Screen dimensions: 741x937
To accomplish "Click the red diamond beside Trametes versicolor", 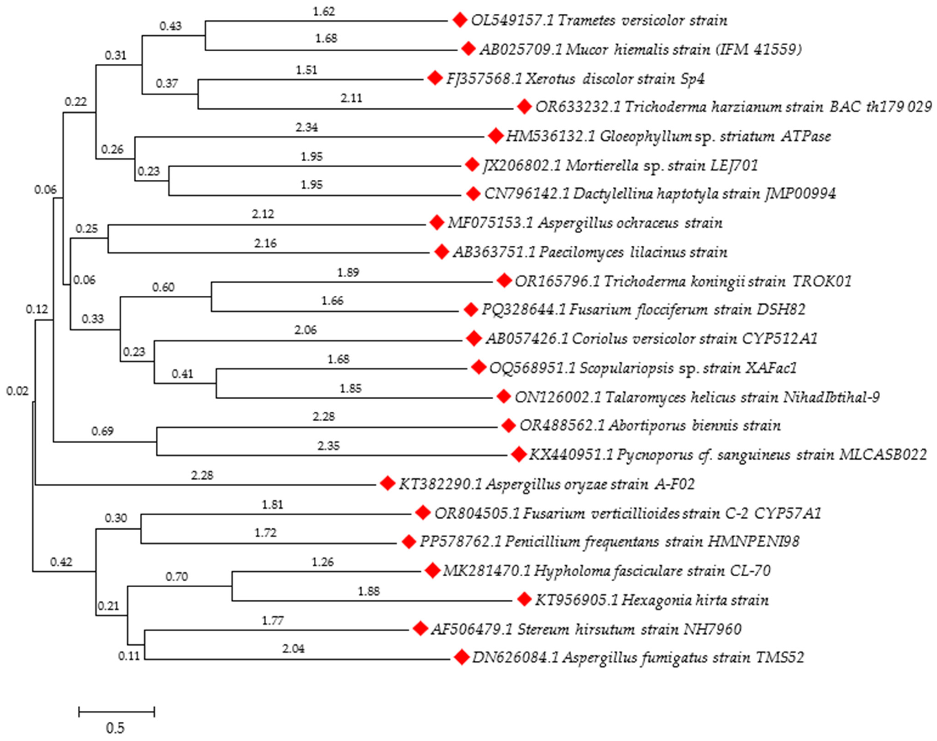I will pos(459,20).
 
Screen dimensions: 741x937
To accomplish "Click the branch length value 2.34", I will pos(307,127).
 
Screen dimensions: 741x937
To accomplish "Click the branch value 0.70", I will pos(176,577).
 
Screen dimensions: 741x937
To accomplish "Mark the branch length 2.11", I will pos(351,98).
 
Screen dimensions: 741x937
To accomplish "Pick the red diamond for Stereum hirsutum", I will pos(420,629).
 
